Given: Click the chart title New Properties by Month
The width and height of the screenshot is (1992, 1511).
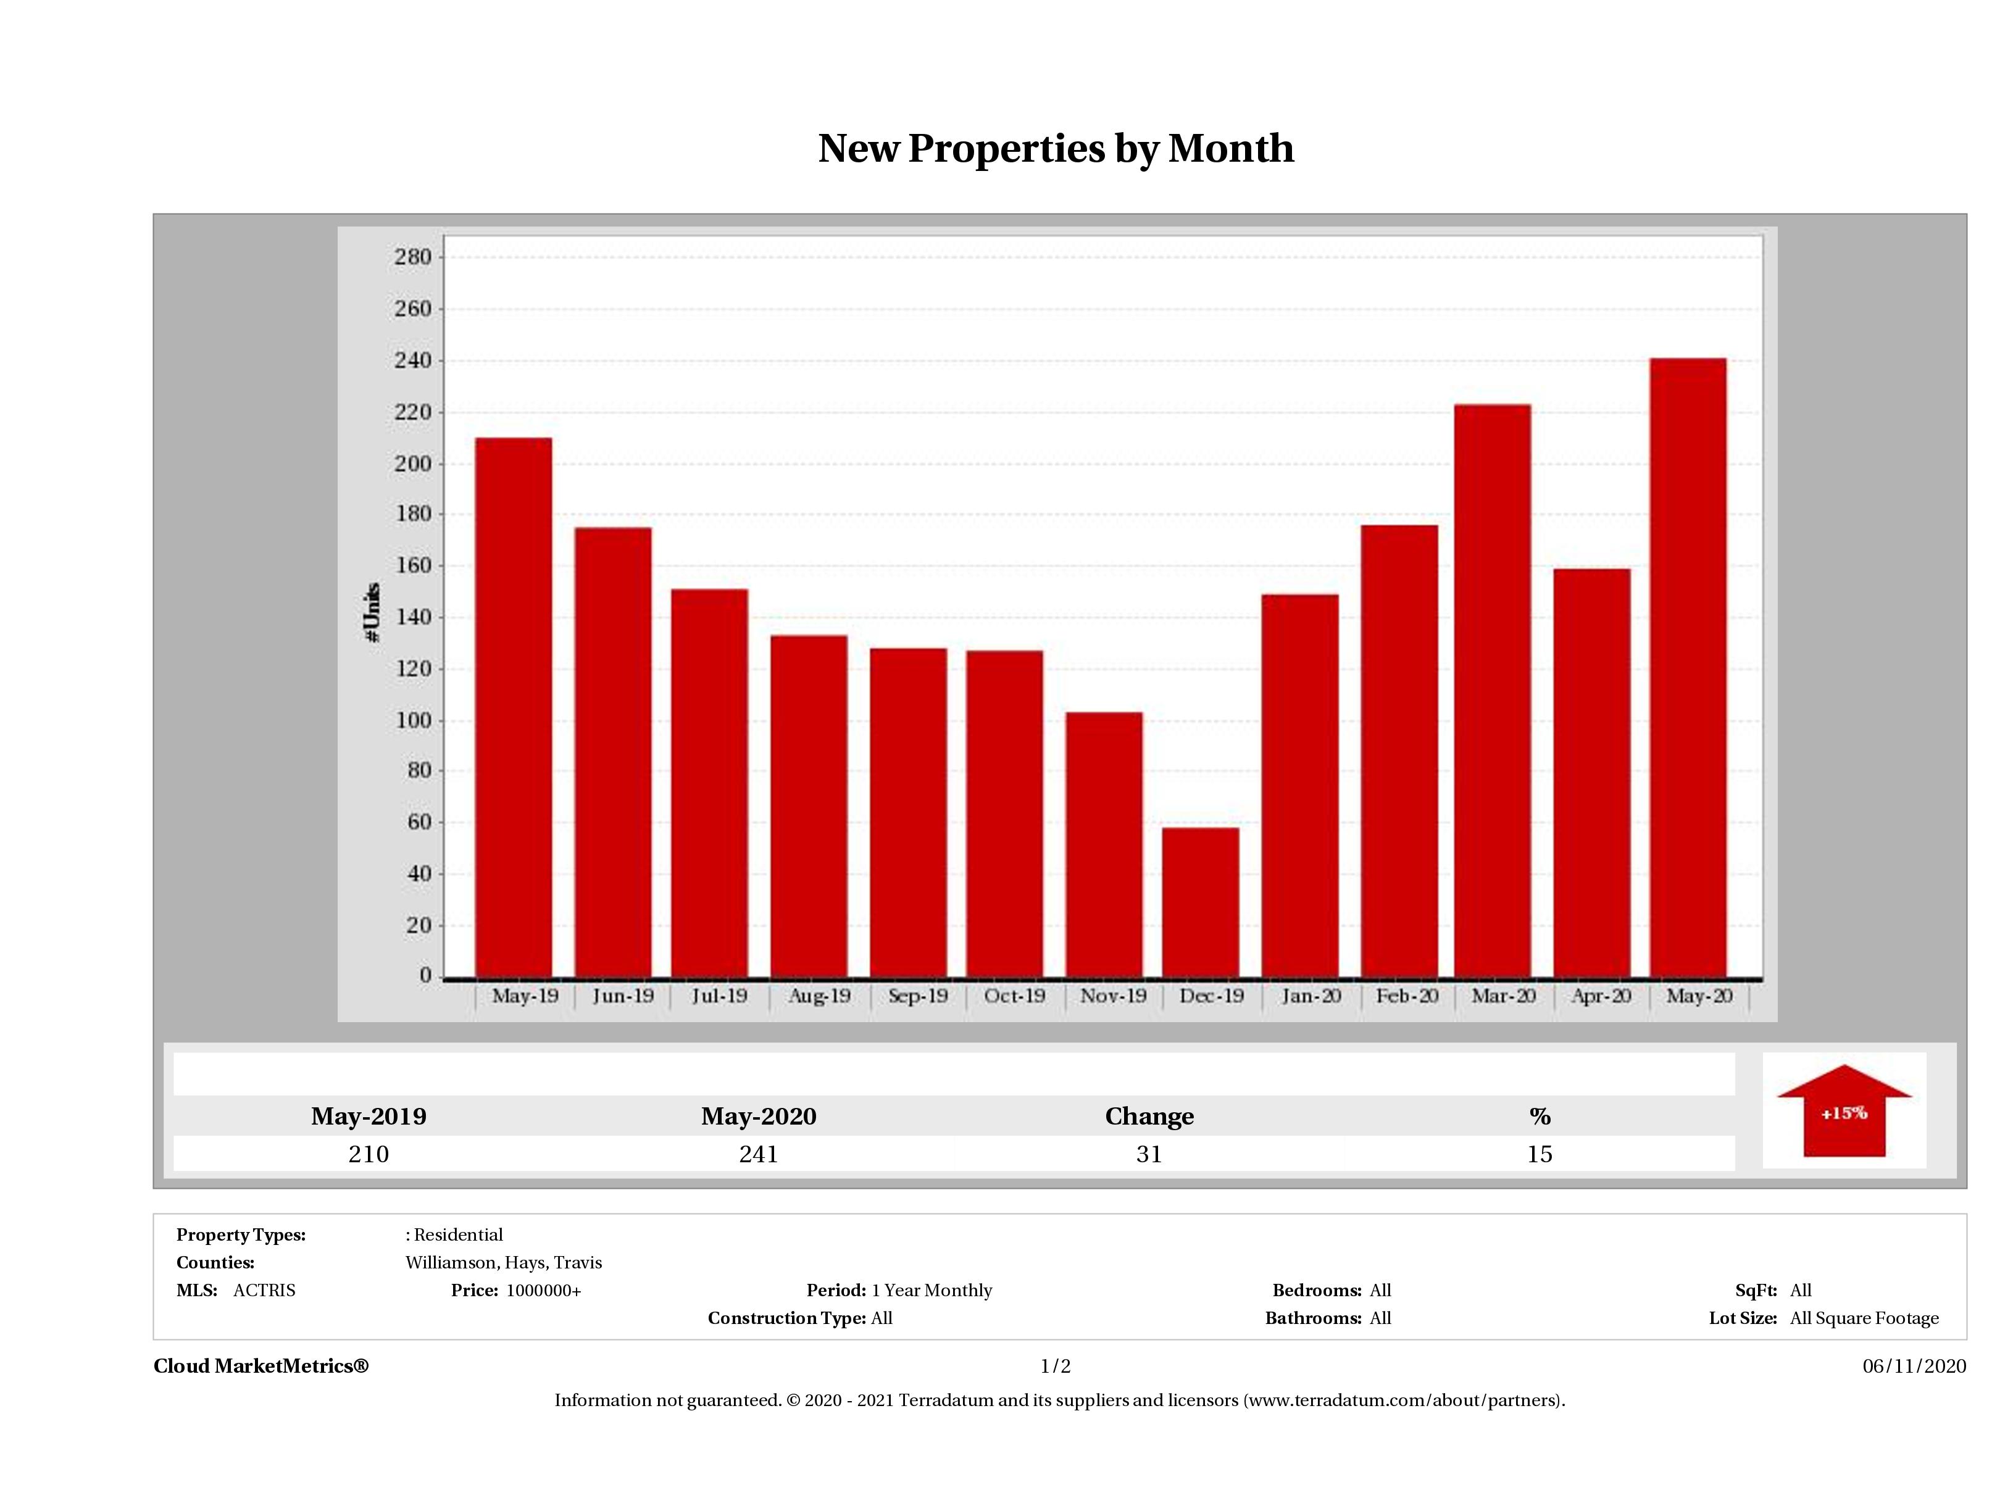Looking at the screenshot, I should point(1056,149).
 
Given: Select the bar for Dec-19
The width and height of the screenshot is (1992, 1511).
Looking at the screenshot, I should point(1201,901).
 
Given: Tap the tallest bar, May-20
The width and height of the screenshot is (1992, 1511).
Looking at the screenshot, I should point(1688,667).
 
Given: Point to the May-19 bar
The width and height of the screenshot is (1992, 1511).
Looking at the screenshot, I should point(514,707).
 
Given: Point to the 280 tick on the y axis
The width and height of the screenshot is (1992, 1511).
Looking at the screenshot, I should point(414,257).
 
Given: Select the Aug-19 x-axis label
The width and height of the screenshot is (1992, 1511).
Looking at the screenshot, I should point(819,996).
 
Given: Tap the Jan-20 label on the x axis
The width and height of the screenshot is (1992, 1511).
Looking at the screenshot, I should point(1311,996).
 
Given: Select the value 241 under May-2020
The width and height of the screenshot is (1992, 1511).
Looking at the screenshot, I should point(758,1154).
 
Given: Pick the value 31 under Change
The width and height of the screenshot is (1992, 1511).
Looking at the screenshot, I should point(1149,1154).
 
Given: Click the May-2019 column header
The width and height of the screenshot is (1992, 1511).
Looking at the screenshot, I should point(369,1117).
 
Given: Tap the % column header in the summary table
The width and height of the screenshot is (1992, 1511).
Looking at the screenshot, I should point(1539,1117).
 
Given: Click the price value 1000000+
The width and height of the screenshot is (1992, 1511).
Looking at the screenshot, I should point(543,1291).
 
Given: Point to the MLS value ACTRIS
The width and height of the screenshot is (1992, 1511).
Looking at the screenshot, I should point(264,1291).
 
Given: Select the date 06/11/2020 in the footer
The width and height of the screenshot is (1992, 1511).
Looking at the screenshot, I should point(1914,1366).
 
